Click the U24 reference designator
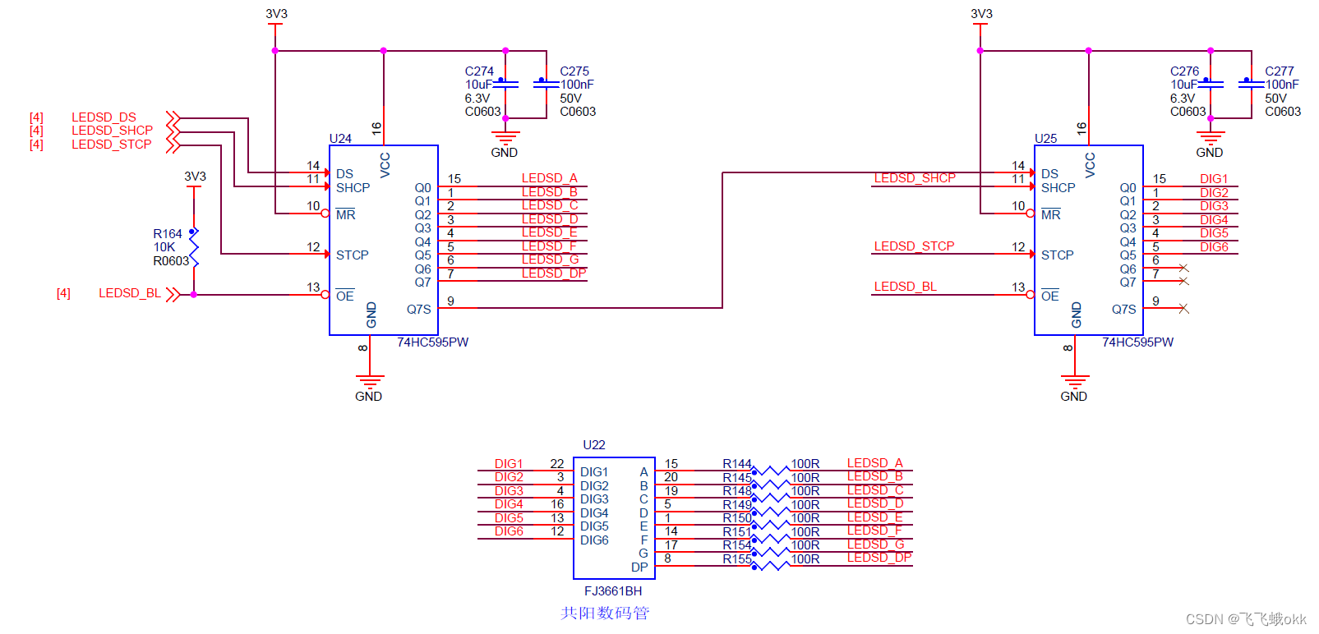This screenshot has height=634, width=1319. click(x=340, y=139)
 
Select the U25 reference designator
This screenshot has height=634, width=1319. click(x=1045, y=139)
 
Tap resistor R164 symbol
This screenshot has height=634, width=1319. click(x=194, y=247)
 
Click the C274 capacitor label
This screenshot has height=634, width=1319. click(x=479, y=71)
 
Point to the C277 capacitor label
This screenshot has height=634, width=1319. click(x=1279, y=71)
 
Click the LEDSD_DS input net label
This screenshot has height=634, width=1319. click(x=104, y=117)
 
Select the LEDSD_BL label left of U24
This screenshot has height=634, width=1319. click(x=129, y=293)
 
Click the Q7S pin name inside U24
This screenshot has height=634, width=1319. click(x=418, y=310)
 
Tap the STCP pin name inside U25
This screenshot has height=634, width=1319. click(x=1057, y=255)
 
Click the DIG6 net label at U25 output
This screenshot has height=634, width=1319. click(x=1213, y=247)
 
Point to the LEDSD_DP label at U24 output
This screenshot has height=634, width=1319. click(x=553, y=273)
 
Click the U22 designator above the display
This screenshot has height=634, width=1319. click(x=593, y=445)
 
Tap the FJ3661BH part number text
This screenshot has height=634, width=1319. click(x=613, y=591)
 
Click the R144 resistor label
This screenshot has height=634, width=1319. click(x=736, y=464)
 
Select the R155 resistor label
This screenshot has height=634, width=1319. click(x=736, y=559)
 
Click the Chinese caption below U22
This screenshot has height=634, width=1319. click(x=605, y=613)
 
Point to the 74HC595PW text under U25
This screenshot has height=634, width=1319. click(x=1137, y=342)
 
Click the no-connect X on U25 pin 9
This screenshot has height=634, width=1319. click(x=1183, y=309)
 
